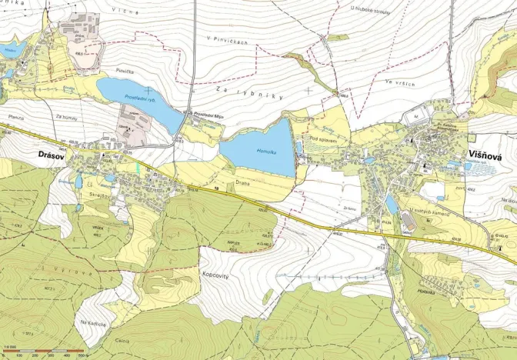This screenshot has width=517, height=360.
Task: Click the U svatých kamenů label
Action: pos(431,212)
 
